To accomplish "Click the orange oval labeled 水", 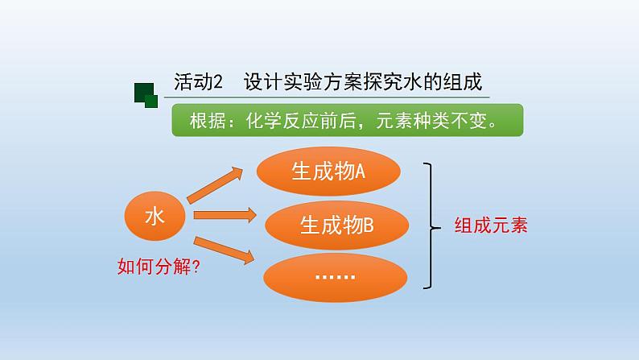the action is tap(155, 216).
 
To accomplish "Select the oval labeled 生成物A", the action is tap(328, 172).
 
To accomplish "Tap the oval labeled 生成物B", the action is tap(336, 225).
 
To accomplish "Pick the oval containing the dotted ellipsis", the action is tap(336, 277).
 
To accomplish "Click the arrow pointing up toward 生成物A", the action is tap(215, 185).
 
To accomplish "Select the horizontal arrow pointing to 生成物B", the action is tap(225, 215).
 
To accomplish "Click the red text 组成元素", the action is tap(491, 226).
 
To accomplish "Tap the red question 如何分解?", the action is tap(159, 267).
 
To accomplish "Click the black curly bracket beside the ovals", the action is tap(431, 226).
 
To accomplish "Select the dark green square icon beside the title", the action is tap(146, 95).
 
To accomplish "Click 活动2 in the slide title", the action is tap(199, 81).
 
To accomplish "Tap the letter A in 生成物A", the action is tap(360, 172).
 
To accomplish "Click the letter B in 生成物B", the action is tap(369, 226).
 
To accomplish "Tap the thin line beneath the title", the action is tap(327, 97).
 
